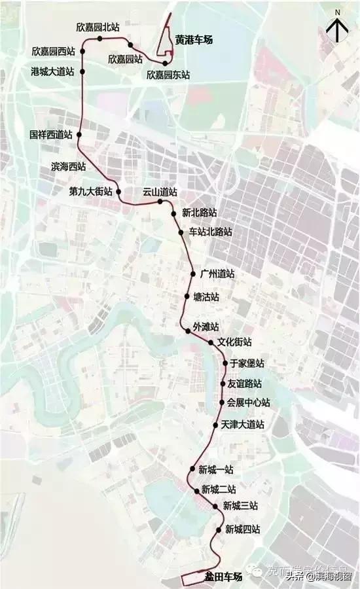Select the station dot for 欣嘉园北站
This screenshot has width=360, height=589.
coord(99,39)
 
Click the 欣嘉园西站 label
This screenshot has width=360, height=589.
coord(53,51)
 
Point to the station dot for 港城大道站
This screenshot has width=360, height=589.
coord(83,71)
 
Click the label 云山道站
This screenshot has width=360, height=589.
coord(160,192)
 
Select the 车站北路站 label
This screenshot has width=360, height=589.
coord(210,232)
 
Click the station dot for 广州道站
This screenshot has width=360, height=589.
coord(193,274)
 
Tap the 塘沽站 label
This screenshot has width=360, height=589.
coord(206,296)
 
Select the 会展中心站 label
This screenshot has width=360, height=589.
coord(248,402)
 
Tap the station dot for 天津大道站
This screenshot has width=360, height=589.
coord(216,425)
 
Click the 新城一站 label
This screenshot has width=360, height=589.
coord(215,469)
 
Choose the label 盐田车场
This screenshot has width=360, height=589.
coord(223,577)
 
